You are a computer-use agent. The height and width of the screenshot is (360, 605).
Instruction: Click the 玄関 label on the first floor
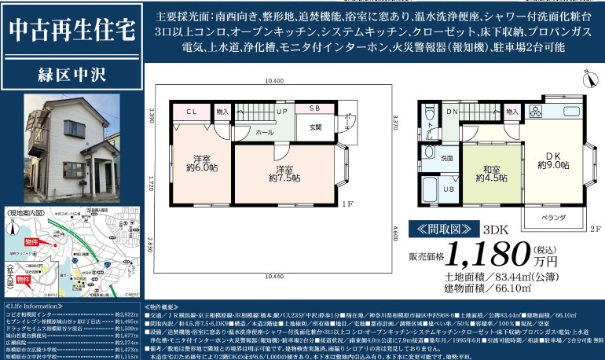coord(316,127)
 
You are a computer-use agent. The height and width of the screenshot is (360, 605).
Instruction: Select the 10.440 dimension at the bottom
coord(274,276)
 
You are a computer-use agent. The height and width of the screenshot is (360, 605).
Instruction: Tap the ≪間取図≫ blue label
coord(444,229)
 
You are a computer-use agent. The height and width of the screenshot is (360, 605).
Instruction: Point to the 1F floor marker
coord(348,204)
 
